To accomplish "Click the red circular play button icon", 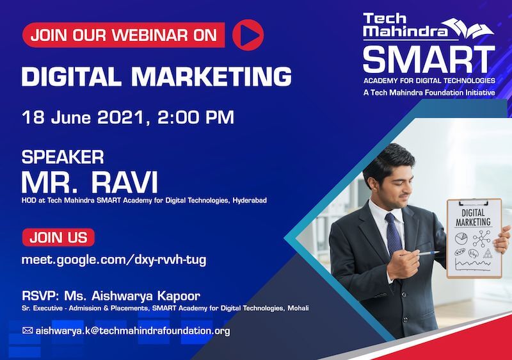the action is click(248, 35).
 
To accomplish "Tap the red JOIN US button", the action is click(58, 237).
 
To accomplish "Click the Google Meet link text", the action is click(114, 260).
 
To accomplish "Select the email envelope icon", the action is click(28, 331).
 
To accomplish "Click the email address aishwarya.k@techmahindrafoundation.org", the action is click(132, 331).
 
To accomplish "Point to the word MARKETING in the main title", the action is click(211, 76).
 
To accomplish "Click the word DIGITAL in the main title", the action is click(72, 76).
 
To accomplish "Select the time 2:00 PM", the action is click(196, 117).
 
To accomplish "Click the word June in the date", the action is click(71, 117).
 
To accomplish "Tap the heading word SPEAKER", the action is click(63, 157).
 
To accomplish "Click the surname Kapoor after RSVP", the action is click(179, 296).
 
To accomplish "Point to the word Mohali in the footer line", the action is click(298, 308).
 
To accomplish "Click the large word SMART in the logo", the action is click(429, 60).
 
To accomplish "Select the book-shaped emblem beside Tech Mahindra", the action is click(470, 28).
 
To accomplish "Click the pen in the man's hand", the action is click(429, 253).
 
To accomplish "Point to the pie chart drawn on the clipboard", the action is click(461, 238).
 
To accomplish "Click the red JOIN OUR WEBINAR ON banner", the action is click(124, 35).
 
